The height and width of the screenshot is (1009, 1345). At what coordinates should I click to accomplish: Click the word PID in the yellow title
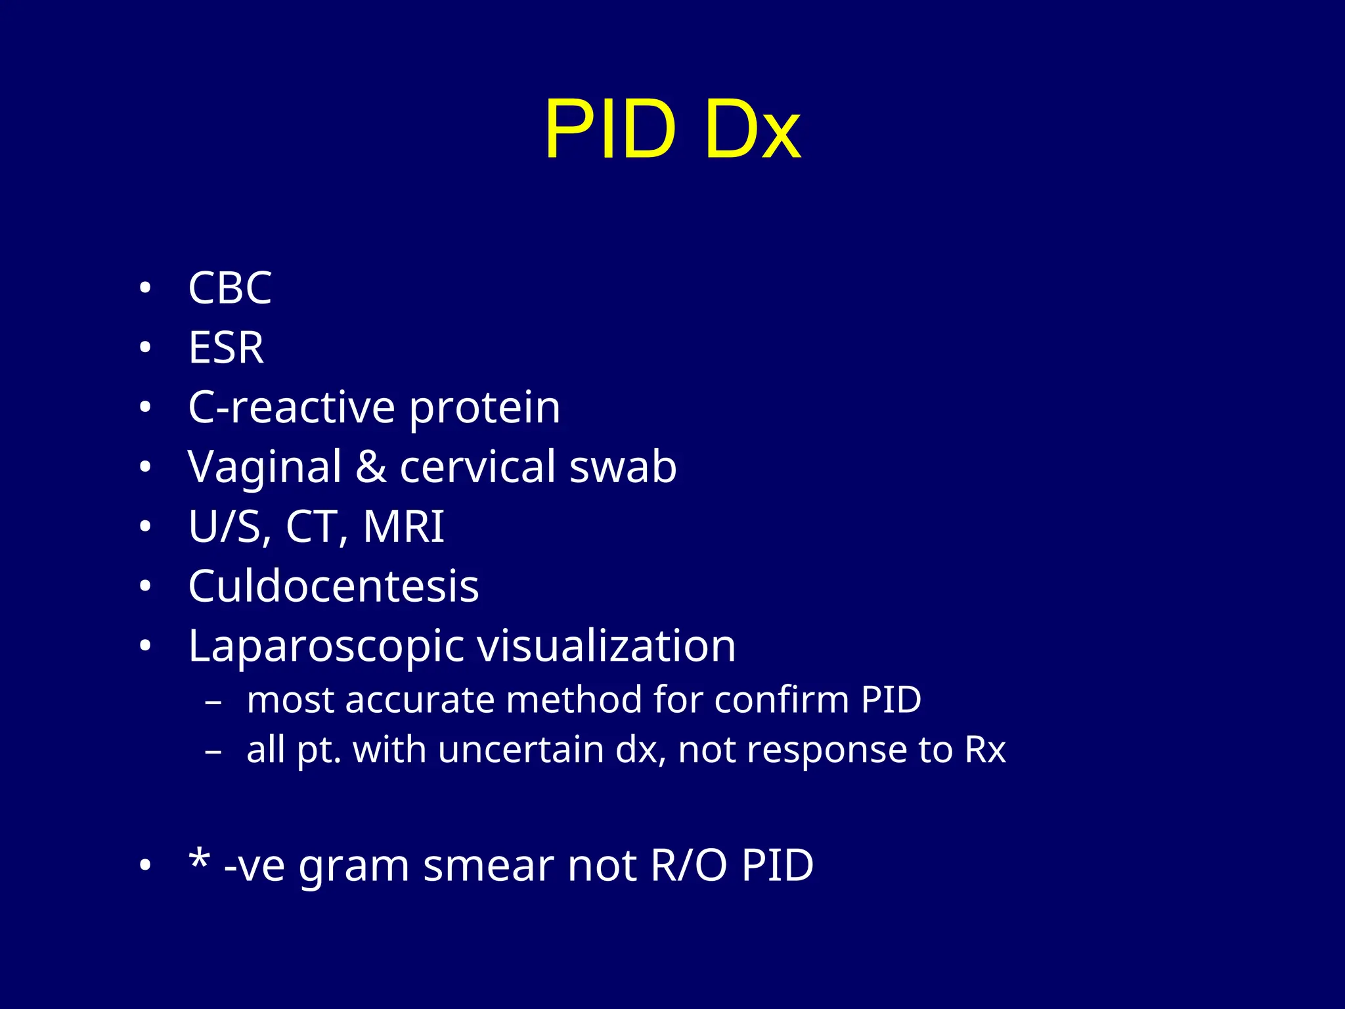click(610, 129)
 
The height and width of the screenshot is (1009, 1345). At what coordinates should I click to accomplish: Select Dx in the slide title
click(753, 129)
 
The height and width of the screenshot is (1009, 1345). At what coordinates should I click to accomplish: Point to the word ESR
click(226, 348)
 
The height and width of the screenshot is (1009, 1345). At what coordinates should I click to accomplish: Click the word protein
click(485, 408)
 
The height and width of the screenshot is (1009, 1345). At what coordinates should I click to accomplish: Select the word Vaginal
click(265, 467)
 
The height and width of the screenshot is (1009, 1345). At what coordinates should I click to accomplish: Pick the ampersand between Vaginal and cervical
click(371, 467)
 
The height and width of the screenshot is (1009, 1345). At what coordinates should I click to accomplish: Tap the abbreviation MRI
click(404, 527)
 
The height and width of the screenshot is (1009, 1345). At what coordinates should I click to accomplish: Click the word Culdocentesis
click(334, 586)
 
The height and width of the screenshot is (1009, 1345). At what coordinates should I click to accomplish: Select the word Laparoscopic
click(326, 646)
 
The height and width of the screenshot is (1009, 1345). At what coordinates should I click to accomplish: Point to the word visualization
click(606, 646)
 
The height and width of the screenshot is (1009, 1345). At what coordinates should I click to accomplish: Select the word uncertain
click(520, 750)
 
